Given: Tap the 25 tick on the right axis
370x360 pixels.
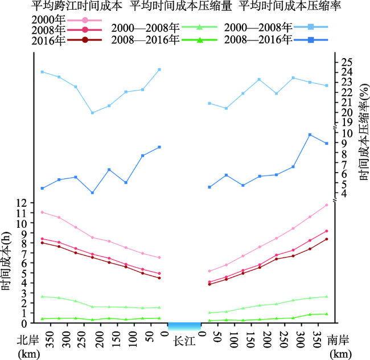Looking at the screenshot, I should tap(347, 62).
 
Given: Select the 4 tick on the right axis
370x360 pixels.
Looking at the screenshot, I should tap(343, 194).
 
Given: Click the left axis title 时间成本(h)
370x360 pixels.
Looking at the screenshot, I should tap(7, 261).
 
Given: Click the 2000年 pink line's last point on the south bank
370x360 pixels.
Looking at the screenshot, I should tap(327, 205).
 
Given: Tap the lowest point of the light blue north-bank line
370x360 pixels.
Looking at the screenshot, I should tap(92, 113).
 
